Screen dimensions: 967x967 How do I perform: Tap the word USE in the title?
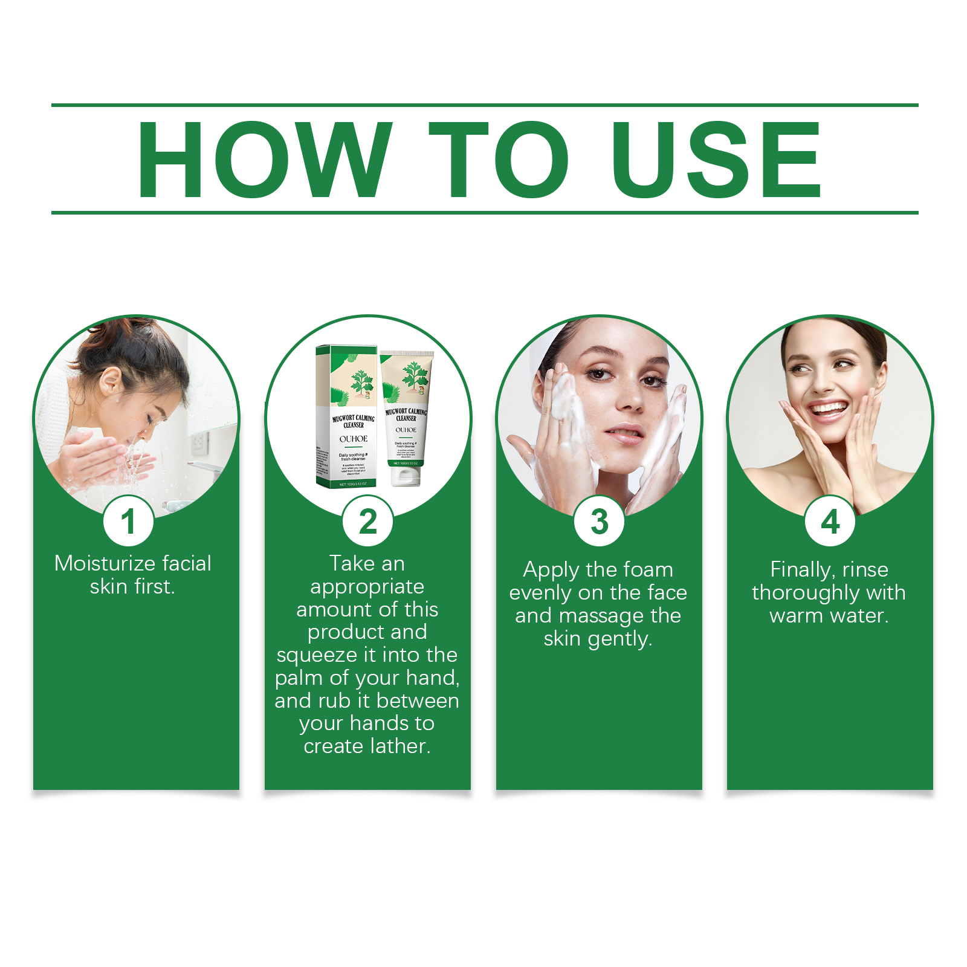tap(716, 160)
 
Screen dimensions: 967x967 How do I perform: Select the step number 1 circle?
tap(128, 522)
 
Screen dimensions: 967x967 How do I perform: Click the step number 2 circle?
tap(367, 522)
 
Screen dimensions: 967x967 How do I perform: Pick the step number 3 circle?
tap(599, 522)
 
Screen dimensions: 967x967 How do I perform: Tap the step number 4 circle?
tap(830, 522)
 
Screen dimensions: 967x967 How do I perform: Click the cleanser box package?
tap(346, 417)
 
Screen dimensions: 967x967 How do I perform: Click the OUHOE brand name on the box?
tap(354, 439)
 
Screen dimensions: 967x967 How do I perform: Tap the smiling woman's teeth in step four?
tap(828, 409)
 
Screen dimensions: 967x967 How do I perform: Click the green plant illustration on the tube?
tap(415, 375)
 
